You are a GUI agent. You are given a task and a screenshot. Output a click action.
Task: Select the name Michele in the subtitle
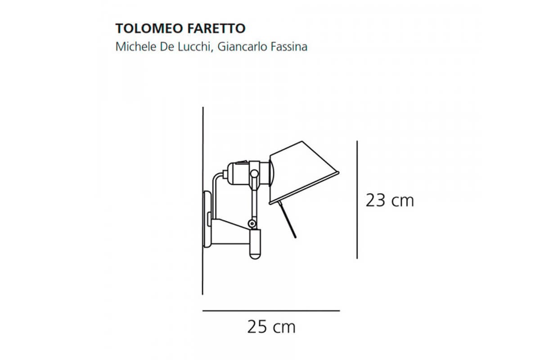click(x=132, y=47)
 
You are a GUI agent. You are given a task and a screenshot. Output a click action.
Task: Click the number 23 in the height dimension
click(x=375, y=200)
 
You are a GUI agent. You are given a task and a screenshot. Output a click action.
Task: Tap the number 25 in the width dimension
click(x=257, y=327)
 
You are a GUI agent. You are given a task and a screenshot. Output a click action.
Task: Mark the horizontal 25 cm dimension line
click(x=270, y=310)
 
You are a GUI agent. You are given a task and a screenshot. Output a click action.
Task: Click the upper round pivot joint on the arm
click(x=255, y=173)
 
